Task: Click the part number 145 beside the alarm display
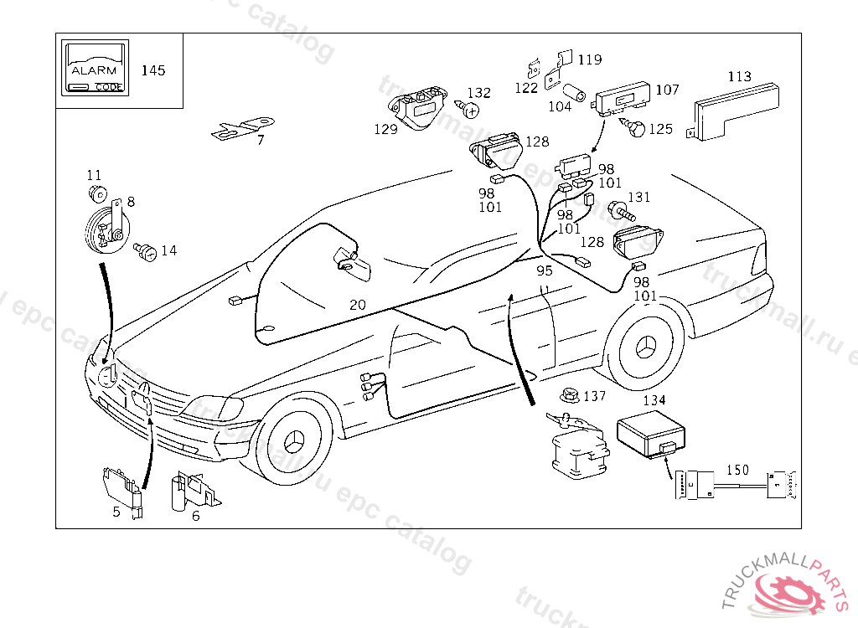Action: [x=152, y=70]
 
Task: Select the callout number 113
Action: [x=739, y=76]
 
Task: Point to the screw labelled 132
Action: [x=468, y=109]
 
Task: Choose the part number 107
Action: [x=667, y=90]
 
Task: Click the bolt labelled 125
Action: [x=634, y=129]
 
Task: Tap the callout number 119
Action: [x=589, y=59]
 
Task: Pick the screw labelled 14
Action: [x=146, y=250]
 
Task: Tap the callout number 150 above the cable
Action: [x=738, y=470]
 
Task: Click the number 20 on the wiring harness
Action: [x=358, y=305]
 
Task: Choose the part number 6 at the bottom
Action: [x=195, y=516]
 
